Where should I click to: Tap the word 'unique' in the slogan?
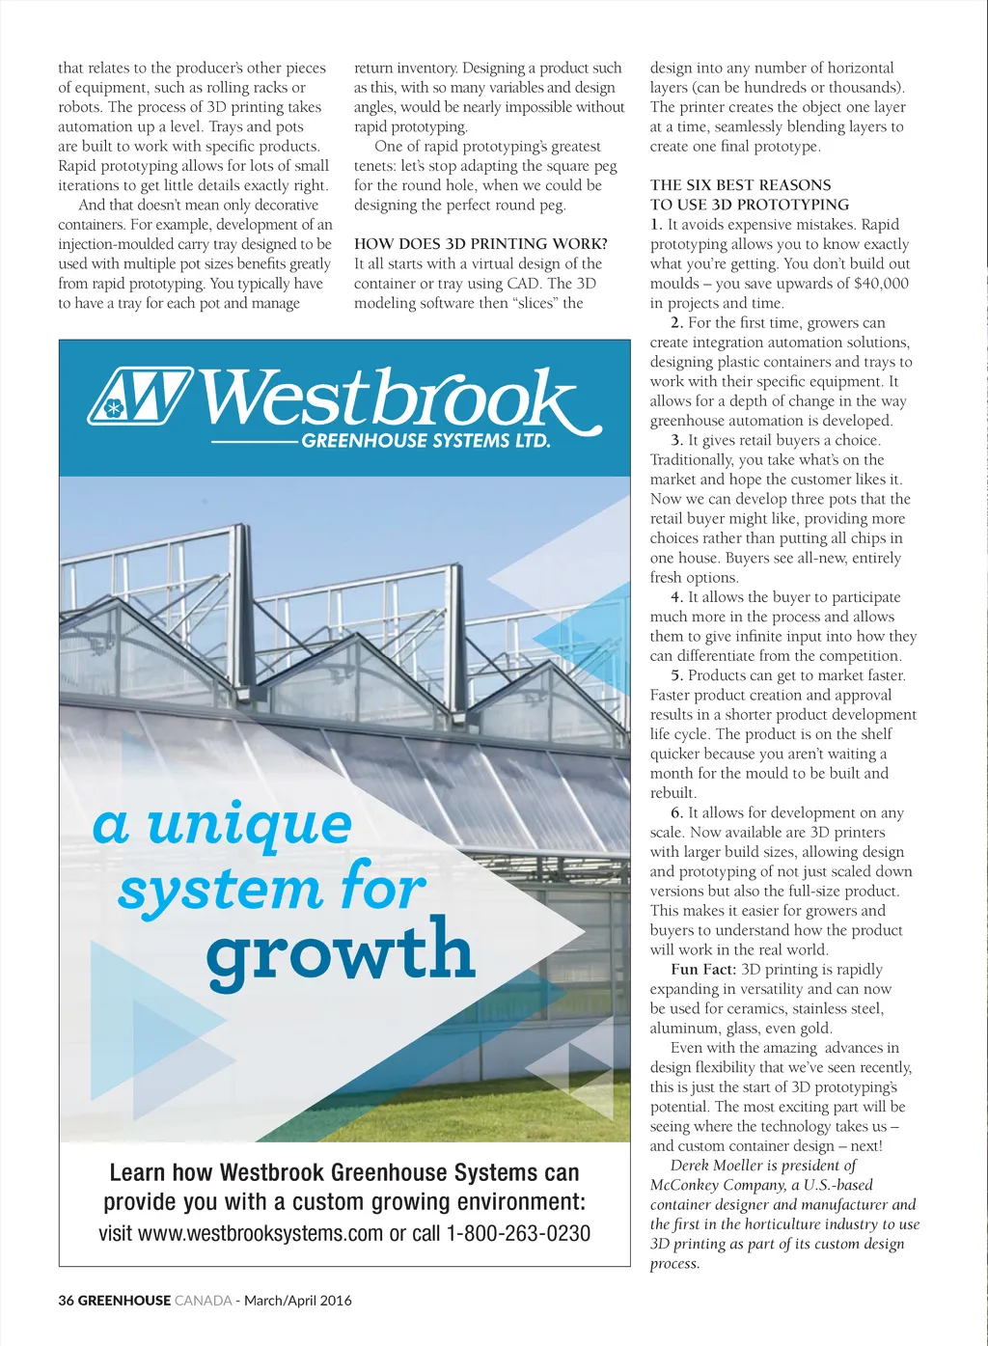(x=250, y=826)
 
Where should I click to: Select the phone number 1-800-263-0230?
(x=518, y=1233)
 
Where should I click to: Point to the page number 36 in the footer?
(x=66, y=1300)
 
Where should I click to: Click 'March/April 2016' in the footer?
(x=298, y=1300)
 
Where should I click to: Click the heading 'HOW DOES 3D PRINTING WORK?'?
(x=480, y=244)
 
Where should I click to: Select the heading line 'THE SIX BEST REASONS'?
(x=740, y=185)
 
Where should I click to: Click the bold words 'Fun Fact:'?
(x=703, y=970)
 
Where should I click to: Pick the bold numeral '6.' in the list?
(x=677, y=812)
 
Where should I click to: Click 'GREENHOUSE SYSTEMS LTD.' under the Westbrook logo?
(x=425, y=441)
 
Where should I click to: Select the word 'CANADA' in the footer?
(x=204, y=1300)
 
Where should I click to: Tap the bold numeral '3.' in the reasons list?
(x=677, y=440)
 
